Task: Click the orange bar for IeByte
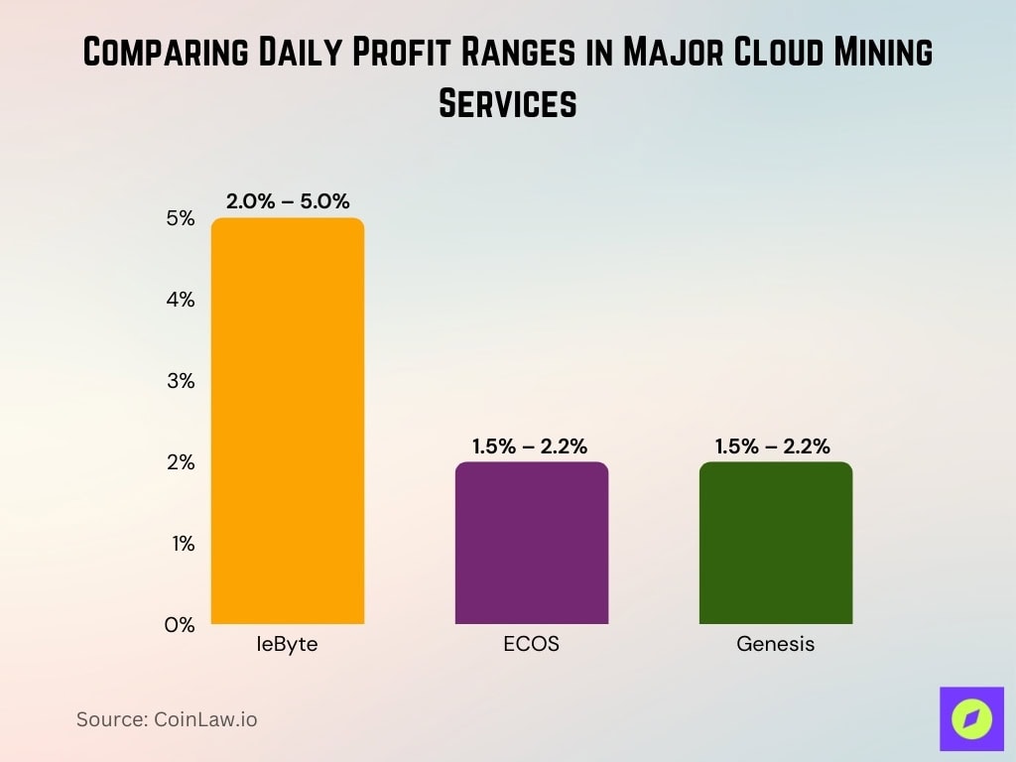[x=288, y=421]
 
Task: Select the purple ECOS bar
[x=531, y=543]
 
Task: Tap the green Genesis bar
[x=775, y=543]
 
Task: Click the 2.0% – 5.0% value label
[x=288, y=201]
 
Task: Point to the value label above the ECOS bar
[x=531, y=446]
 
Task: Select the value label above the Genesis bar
[x=773, y=446]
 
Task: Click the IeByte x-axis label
[x=288, y=644]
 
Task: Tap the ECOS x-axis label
[x=531, y=644]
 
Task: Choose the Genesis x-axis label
[x=775, y=644]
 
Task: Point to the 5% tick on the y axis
[x=180, y=218]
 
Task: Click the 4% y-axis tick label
[x=180, y=300]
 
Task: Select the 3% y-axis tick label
[x=180, y=381]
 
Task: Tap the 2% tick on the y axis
[x=180, y=462]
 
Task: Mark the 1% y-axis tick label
[x=180, y=544]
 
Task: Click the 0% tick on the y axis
[x=180, y=625]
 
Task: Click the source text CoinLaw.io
[x=167, y=719]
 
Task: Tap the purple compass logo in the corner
[x=971, y=718]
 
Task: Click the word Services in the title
[x=507, y=103]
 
